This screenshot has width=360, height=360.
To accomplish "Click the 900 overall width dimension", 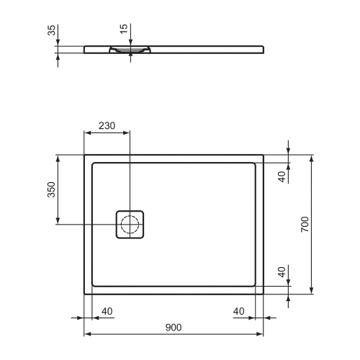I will [173, 327].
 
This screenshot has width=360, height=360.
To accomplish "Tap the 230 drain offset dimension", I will [107, 125].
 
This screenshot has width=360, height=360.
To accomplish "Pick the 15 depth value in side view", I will [125, 32].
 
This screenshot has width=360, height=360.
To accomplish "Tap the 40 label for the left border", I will [107, 311].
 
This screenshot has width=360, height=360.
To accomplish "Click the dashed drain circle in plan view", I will [130, 225].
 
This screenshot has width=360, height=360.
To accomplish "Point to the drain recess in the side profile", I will [130, 50].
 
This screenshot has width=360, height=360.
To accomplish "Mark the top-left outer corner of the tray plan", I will [85, 154].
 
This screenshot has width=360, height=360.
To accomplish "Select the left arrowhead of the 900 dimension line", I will [87, 335].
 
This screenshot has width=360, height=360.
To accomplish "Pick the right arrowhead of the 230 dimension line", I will [128, 132].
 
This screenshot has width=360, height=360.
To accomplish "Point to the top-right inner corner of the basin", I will [256, 163].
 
